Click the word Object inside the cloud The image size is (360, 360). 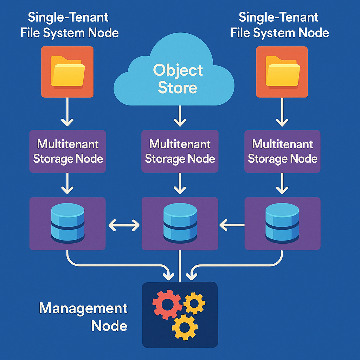tap(178, 70)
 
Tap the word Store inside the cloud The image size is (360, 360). tap(177, 88)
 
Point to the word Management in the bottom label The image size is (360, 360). tap(83, 308)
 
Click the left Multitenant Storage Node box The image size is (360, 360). tap(67, 152)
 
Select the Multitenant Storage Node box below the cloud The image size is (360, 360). tap(180, 152)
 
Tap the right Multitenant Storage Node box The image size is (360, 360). tap(282, 152)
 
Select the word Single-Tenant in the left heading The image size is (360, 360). tap(68, 17)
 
